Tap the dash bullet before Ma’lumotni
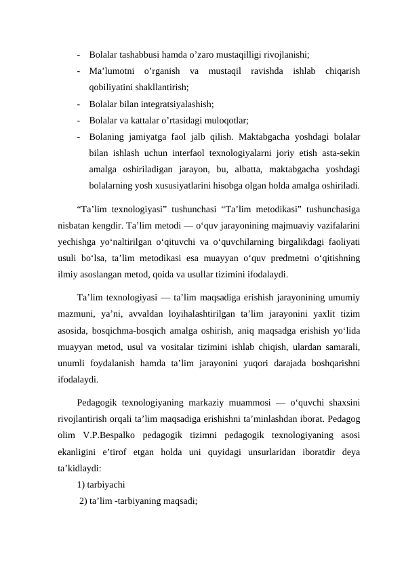(80, 71)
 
